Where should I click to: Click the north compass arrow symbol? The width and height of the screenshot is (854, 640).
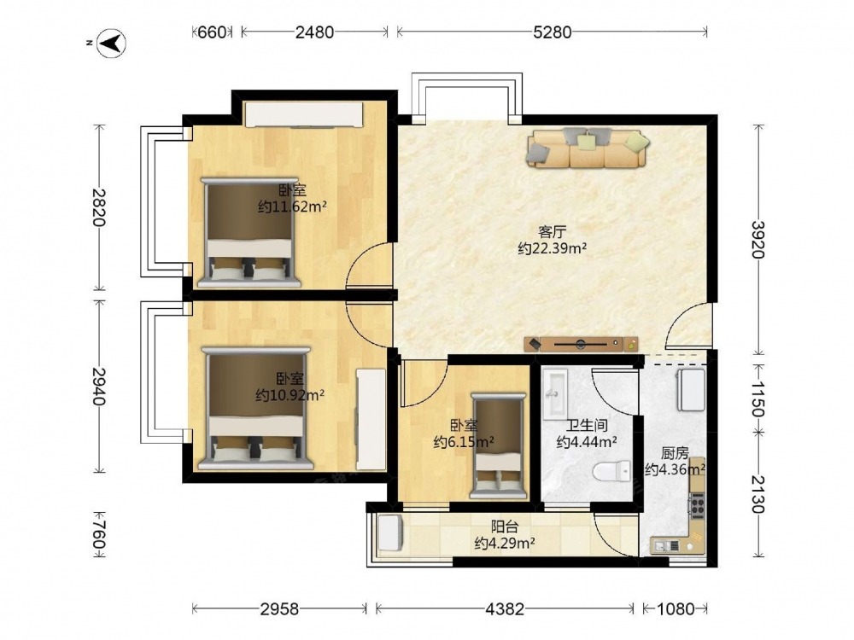coord(112,43)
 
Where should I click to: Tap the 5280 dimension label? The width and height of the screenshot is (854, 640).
coord(552,32)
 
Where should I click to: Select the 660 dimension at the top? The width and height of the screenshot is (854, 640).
coord(211,32)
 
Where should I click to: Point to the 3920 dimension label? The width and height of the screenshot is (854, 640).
coord(757,240)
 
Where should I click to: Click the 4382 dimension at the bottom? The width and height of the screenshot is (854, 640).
coord(505,608)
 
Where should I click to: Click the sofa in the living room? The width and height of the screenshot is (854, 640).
coord(588,148)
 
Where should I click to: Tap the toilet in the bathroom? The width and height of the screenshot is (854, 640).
coord(612,471)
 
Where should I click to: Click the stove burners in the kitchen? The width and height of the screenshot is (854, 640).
coord(697,505)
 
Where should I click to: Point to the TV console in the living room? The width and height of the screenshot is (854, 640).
coord(581,344)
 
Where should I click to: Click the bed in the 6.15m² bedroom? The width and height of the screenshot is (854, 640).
coord(500,446)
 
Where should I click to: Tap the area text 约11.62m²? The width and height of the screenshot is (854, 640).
coord(292,207)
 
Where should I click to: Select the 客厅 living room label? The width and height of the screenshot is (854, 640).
coord(552,232)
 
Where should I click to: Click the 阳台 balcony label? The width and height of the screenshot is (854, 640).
coord(505,527)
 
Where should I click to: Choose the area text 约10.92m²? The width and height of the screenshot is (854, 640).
coord(290,394)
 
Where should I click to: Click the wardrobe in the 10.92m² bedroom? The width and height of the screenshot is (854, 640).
coord(371,419)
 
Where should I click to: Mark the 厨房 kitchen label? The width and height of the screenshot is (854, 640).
coord(675,453)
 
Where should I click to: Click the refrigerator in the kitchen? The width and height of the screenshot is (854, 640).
coord(691,390)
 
